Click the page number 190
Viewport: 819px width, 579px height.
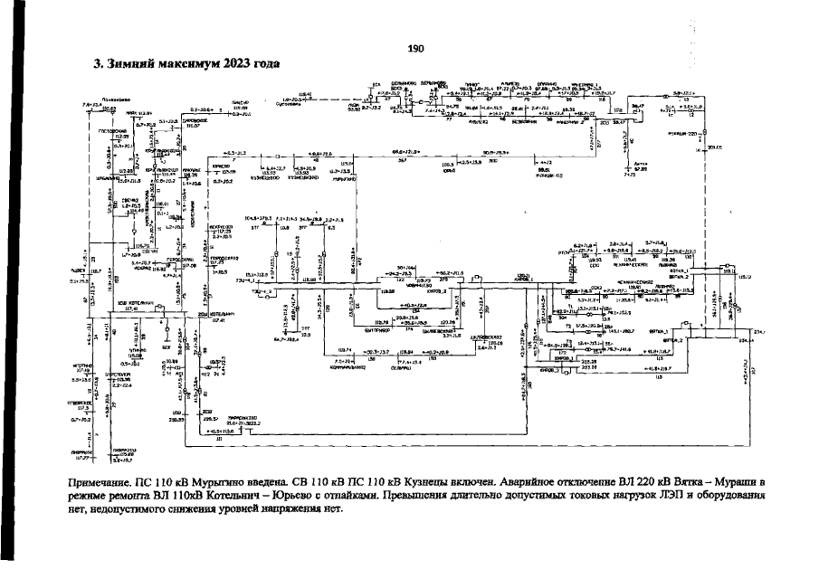click(x=416, y=49)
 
